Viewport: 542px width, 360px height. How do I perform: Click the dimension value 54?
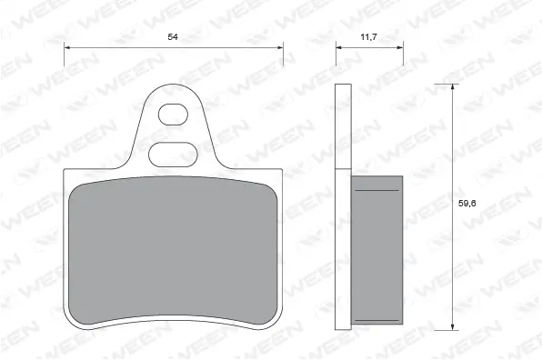(x=173, y=37)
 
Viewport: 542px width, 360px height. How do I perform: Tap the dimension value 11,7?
(x=370, y=37)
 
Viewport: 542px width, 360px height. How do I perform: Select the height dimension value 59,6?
(x=466, y=204)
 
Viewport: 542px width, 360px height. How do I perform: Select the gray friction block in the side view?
(x=376, y=250)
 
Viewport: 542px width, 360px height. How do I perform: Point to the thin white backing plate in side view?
(x=343, y=209)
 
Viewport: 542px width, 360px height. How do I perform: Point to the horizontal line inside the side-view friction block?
(x=376, y=191)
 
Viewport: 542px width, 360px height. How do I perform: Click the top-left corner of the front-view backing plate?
(x=65, y=170)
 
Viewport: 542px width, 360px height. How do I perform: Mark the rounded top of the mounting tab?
(x=173, y=85)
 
